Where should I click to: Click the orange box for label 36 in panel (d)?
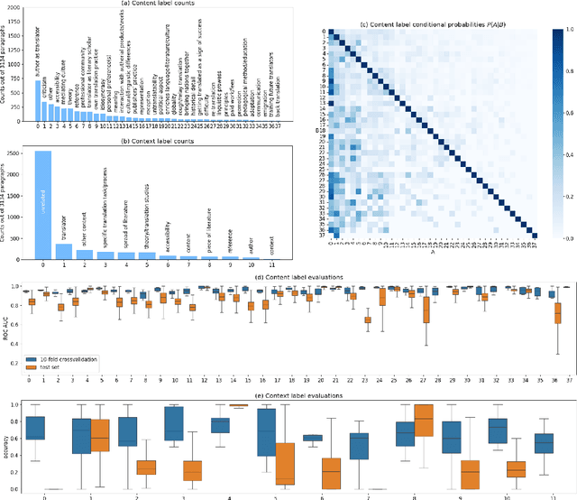click(557, 312)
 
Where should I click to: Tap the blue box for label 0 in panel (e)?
click(35, 428)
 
